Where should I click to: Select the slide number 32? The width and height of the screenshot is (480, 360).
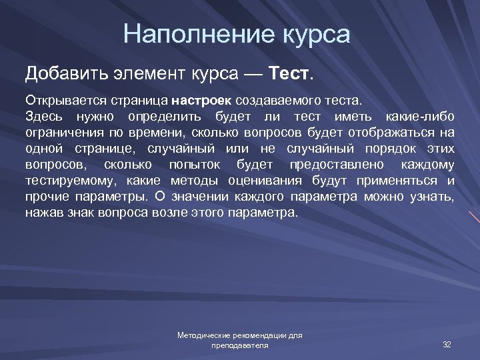(x=447, y=344)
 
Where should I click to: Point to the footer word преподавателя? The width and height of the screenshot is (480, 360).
(x=239, y=346)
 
